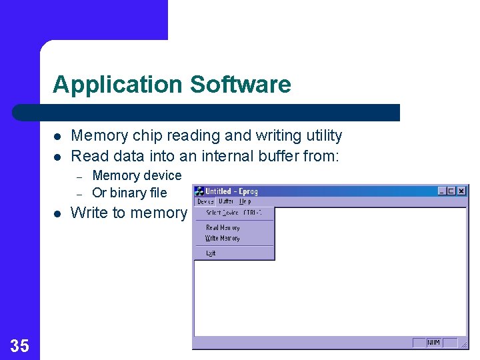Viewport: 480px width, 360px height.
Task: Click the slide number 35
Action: [x=20, y=345]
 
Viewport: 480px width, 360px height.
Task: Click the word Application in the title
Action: [x=117, y=85]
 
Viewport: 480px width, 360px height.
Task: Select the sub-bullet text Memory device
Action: [x=137, y=175]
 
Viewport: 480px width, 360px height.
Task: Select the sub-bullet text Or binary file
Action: [x=129, y=193]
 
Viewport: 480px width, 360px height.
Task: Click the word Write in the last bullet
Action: [x=89, y=213]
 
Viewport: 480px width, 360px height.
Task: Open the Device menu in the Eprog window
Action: [x=205, y=201]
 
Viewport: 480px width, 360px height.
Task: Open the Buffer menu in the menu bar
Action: [x=226, y=201]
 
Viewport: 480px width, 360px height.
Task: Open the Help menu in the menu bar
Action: [x=245, y=201]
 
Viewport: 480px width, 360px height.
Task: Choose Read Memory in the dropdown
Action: [x=223, y=228]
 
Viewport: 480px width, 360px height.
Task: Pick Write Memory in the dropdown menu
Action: [x=223, y=238]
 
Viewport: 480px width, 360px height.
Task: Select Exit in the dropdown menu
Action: [x=211, y=253]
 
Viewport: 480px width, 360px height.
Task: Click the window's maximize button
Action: [x=451, y=191]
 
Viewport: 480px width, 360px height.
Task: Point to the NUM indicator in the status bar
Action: [x=434, y=343]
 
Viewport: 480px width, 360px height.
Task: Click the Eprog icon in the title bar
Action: [x=199, y=191]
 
